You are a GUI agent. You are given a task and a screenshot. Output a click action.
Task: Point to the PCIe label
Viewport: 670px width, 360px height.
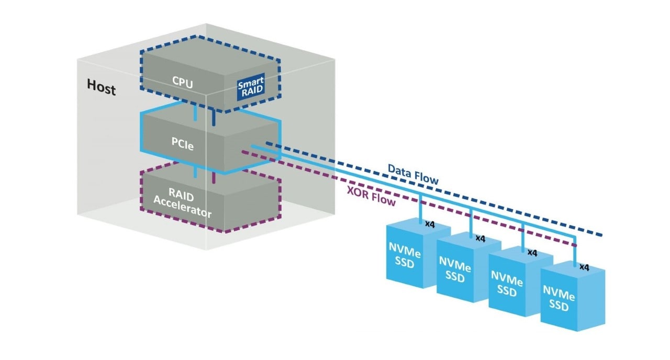183,145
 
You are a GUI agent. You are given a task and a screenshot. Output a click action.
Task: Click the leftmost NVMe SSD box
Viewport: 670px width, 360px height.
405,255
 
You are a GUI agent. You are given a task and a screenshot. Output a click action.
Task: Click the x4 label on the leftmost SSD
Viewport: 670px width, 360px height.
430,225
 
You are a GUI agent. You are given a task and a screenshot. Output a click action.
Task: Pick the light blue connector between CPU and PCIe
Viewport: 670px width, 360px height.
195,111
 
